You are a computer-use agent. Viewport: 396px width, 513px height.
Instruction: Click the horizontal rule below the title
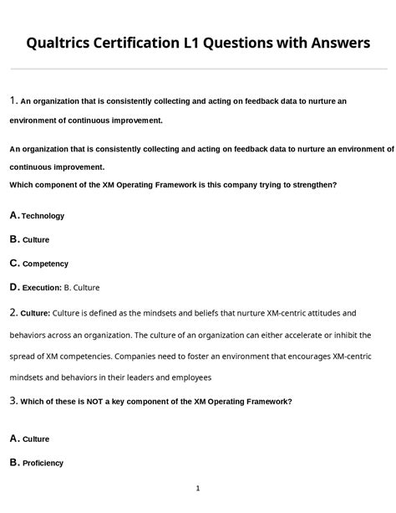(x=198, y=69)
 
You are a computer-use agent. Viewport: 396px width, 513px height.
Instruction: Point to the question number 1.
(x=13, y=101)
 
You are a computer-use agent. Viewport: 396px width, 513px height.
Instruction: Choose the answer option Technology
(x=43, y=216)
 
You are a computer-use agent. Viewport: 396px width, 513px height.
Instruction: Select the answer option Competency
(x=45, y=264)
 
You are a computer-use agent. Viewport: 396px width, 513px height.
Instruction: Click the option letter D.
(x=14, y=287)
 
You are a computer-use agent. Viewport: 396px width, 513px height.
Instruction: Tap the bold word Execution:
(x=42, y=288)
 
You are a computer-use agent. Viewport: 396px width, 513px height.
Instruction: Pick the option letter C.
(x=14, y=263)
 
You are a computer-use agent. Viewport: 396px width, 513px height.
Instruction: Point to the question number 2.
(x=13, y=313)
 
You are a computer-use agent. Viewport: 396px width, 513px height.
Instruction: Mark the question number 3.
(x=13, y=401)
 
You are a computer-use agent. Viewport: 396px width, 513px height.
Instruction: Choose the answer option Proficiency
(x=43, y=463)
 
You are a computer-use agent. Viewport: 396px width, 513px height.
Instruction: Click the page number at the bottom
(x=198, y=488)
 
